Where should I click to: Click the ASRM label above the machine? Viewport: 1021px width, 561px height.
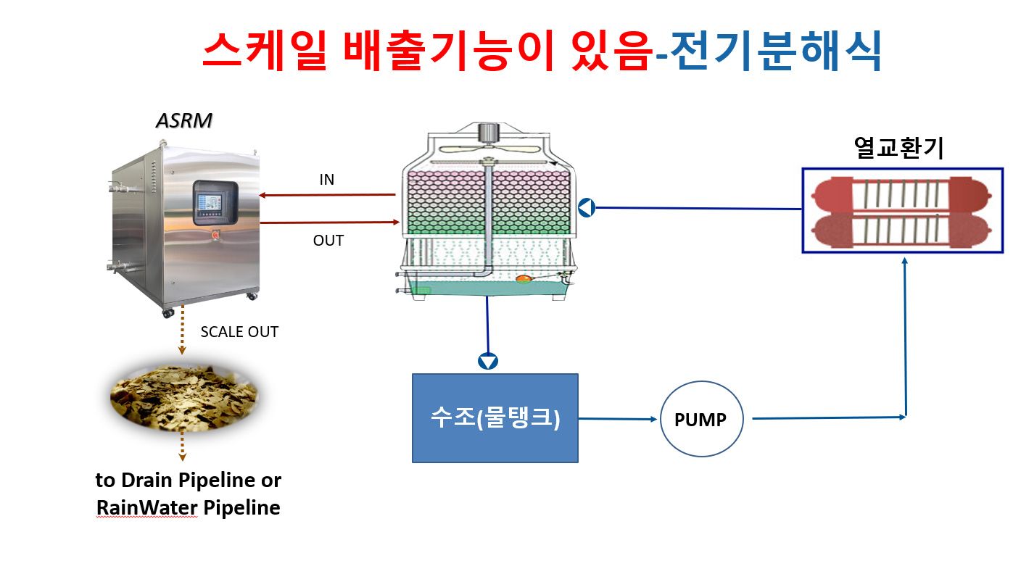tap(184, 121)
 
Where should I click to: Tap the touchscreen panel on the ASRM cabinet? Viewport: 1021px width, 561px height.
tap(215, 203)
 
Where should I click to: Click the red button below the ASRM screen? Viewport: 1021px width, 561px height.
tap(215, 234)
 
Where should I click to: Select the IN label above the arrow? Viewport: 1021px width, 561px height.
tap(327, 180)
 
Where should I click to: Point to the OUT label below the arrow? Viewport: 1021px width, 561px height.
tap(328, 241)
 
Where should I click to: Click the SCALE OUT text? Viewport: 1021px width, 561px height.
tap(239, 332)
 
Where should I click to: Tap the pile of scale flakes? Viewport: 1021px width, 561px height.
tap(183, 398)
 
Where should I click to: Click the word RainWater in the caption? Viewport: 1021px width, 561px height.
tap(147, 507)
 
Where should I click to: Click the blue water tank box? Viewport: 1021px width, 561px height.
tap(495, 418)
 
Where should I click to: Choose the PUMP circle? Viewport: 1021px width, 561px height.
tap(701, 419)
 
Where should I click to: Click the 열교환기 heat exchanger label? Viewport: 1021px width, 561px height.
tap(898, 148)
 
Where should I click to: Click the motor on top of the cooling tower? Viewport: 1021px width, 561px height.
tap(489, 132)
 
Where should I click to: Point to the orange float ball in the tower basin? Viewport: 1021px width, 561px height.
tap(524, 278)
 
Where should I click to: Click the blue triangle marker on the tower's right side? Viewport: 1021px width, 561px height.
tap(587, 207)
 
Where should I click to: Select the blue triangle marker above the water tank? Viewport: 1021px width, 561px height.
tap(488, 362)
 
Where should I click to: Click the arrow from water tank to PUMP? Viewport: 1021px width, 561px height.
tap(618, 419)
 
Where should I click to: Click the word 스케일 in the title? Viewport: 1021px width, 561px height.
tap(265, 50)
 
